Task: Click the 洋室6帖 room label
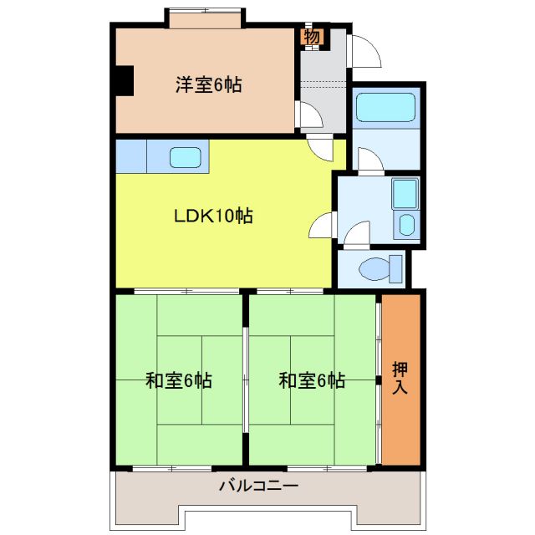(208, 84)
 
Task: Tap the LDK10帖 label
(213, 216)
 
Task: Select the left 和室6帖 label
(178, 381)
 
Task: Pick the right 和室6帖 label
(312, 381)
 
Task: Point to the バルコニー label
(258, 485)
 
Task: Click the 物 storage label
(312, 37)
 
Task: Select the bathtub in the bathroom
(385, 110)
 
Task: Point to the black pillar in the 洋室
(124, 80)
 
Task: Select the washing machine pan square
(405, 196)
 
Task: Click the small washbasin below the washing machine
(406, 226)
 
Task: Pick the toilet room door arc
(358, 234)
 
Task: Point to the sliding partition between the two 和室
(246, 380)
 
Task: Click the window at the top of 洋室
(206, 16)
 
